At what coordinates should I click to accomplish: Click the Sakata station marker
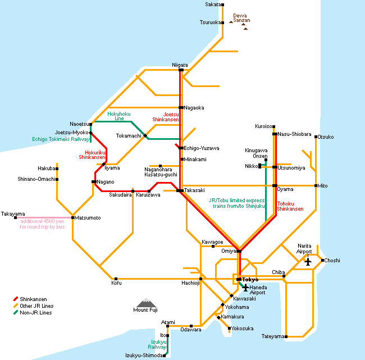[222, 4]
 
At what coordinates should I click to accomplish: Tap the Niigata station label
[180, 65]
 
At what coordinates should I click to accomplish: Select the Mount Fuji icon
[146, 303]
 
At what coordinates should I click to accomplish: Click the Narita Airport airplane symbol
[308, 262]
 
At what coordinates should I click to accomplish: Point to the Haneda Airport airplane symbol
[245, 288]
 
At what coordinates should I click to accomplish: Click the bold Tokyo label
[250, 280]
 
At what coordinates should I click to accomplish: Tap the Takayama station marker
[15, 218]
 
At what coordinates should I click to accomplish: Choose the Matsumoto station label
[88, 218]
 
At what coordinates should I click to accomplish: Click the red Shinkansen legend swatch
[16, 299]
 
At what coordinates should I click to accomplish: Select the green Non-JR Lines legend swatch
[16, 312]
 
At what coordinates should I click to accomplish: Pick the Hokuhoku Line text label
[119, 116]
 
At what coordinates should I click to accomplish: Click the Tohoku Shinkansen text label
[290, 206]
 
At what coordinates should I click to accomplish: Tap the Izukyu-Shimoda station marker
[164, 356]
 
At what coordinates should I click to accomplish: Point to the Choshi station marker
[322, 261]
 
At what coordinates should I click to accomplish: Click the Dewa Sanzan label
[241, 18]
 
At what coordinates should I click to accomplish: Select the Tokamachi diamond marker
[145, 135]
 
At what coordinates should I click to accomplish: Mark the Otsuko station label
[326, 137]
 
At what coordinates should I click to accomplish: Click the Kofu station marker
[116, 279]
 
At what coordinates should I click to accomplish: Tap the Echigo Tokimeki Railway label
[61, 139]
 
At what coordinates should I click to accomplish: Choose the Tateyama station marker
[286, 336]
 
